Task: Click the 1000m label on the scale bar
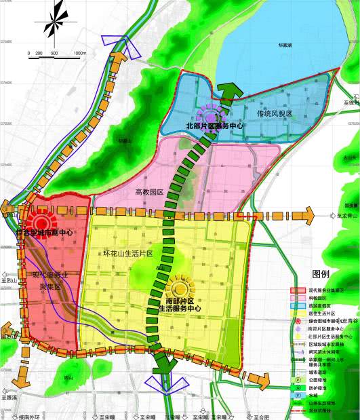coord(79,53)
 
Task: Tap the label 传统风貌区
coord(273,114)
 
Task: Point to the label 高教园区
coord(150,192)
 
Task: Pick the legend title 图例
coord(320,275)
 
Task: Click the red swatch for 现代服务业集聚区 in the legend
coord(296,290)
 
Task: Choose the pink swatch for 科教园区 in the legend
coord(296,297)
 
